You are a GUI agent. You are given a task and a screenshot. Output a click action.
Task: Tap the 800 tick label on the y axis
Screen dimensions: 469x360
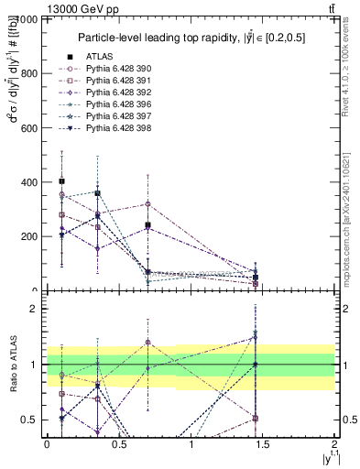point(27,73)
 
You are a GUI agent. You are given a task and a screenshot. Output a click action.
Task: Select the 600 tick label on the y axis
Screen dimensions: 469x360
point(27,127)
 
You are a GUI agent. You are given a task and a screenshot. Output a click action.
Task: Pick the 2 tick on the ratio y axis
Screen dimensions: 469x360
point(34,310)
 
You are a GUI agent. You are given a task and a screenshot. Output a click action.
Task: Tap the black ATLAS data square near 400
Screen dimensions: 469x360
point(61,181)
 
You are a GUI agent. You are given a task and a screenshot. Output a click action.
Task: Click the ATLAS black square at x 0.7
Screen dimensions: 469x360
point(147,224)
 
